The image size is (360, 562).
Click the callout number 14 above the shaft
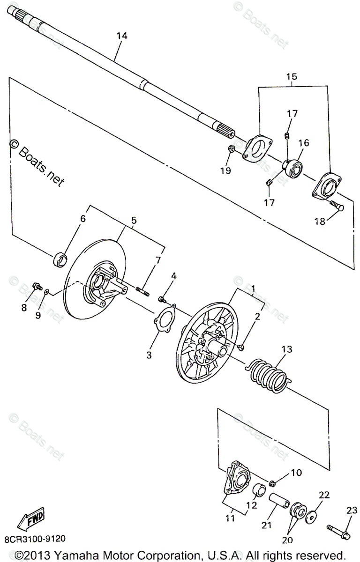(122, 36)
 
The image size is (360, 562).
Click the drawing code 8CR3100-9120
(35, 539)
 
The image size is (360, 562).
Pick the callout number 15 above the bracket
(292, 76)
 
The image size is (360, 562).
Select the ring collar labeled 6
(60, 260)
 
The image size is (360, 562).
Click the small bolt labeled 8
(37, 286)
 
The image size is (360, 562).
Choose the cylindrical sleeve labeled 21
(279, 501)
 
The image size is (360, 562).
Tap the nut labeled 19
(231, 148)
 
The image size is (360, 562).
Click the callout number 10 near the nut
(296, 473)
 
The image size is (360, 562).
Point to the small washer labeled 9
(46, 291)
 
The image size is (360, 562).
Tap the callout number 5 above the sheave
(134, 221)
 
